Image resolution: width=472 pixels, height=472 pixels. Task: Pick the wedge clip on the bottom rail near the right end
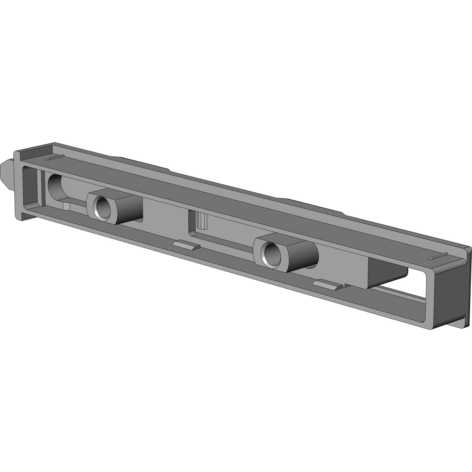click(328, 284)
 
